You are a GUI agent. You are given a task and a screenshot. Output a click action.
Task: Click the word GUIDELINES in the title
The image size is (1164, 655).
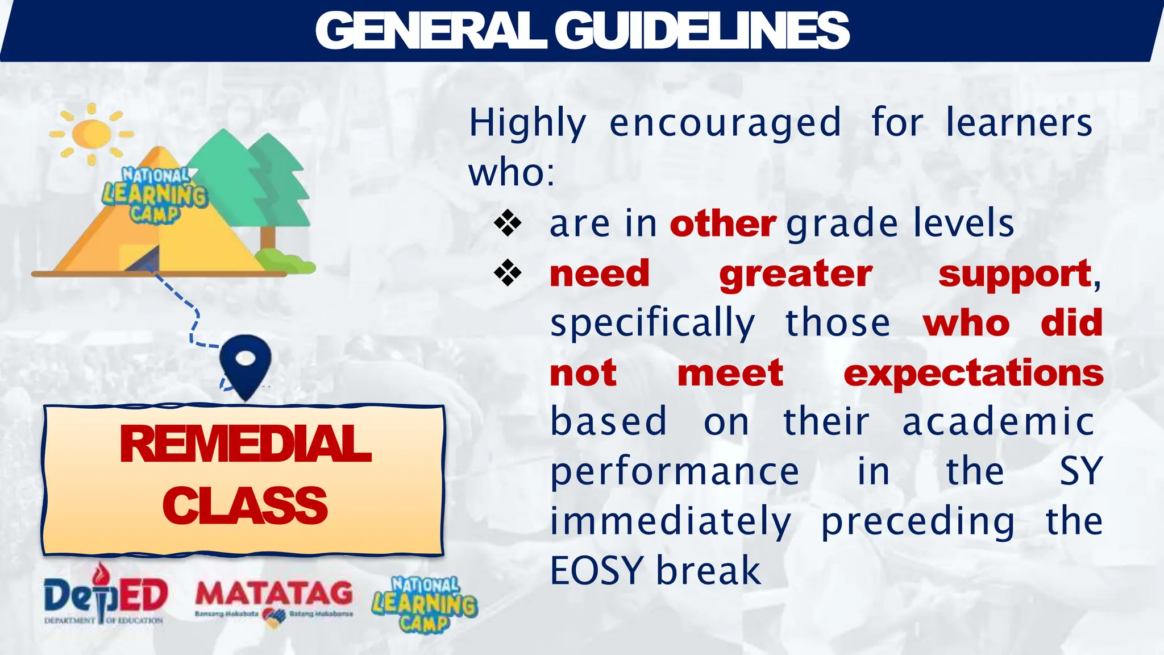[701, 31]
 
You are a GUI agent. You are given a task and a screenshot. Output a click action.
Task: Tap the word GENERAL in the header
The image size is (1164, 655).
[431, 31]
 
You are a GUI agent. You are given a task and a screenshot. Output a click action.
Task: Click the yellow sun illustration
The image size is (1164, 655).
[91, 134]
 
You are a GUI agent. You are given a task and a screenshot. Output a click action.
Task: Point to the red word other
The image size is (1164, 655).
[722, 224]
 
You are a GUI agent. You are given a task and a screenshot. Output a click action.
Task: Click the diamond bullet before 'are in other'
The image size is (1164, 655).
[508, 223]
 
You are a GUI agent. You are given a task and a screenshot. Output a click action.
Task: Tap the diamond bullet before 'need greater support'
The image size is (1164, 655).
[508, 273]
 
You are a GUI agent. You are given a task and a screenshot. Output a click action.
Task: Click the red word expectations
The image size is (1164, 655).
[973, 373]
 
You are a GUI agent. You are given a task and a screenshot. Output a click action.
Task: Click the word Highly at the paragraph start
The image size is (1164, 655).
[527, 123]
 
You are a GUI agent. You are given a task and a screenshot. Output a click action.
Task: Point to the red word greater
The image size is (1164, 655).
[795, 274]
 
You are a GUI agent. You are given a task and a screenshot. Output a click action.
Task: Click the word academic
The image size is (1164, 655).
[998, 422]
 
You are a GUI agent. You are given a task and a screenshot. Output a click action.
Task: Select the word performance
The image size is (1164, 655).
[675, 472]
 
